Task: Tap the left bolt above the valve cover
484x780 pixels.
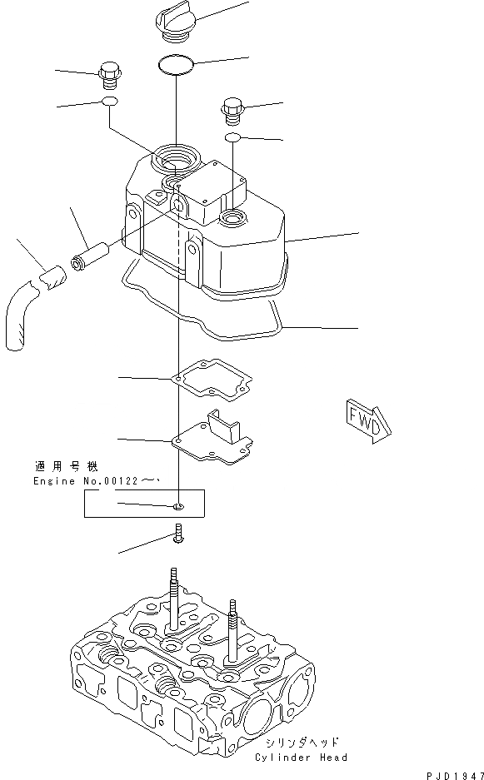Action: (110, 75)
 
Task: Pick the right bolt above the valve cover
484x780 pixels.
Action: (233, 108)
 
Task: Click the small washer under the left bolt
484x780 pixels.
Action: (110, 102)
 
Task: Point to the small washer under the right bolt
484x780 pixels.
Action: (233, 136)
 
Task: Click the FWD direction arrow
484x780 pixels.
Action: (365, 419)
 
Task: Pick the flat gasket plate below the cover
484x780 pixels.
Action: (210, 380)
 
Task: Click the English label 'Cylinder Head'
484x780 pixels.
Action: (302, 757)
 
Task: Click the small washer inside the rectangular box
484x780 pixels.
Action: (179, 505)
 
